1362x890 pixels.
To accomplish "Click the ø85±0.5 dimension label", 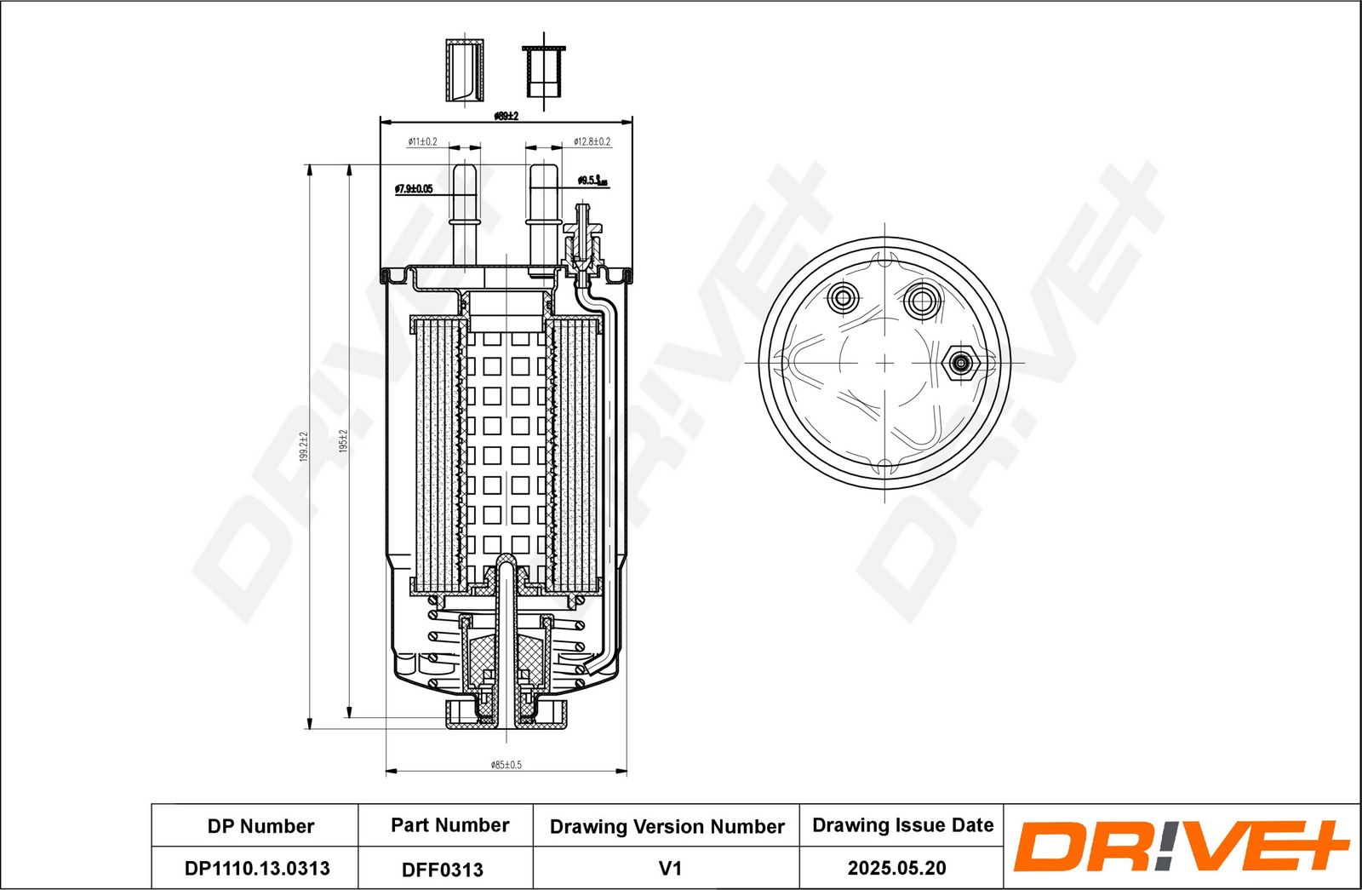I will [506, 765].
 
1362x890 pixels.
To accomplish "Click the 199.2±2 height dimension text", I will [303, 446].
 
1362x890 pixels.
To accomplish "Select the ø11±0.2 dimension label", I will [422, 141].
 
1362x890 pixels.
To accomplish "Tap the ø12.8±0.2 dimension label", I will [592, 141].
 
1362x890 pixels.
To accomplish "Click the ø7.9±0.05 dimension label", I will [414, 189].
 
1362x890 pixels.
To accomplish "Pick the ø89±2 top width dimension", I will [506, 116].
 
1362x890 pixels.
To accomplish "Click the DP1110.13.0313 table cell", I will [257, 869].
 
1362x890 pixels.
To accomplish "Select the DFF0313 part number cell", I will [443, 870].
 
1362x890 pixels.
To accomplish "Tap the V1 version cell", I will [670, 869].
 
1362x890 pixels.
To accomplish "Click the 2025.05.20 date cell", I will [896, 868].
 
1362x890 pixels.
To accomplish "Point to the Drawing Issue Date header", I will [902, 825].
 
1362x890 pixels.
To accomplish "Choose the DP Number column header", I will [260, 826].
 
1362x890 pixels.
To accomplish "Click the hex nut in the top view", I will [961, 364].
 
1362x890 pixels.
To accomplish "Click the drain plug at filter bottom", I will [506, 714].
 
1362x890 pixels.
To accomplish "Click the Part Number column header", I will [449, 825].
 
